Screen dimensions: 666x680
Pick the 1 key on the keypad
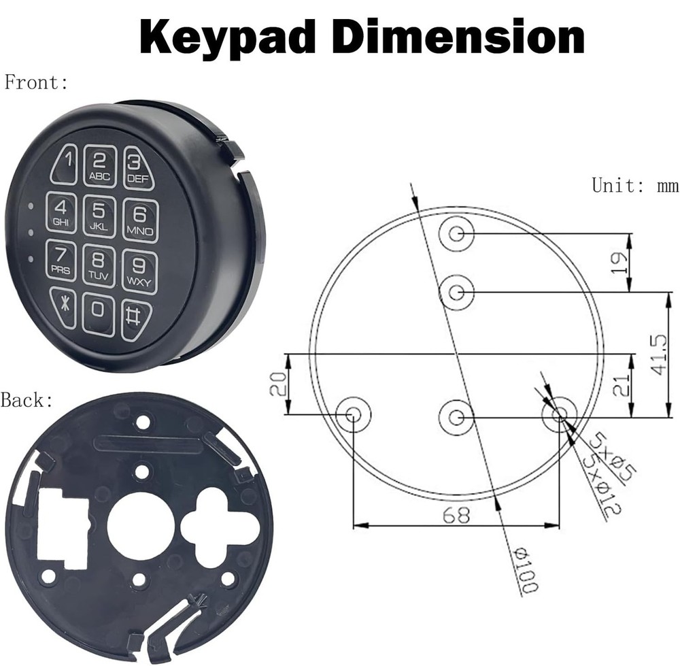[x=65, y=163]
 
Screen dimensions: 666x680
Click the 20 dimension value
[x=276, y=384]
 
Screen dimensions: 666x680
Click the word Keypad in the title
[x=232, y=37]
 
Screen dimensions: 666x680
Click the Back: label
[x=27, y=400]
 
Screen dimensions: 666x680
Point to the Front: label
[x=36, y=83]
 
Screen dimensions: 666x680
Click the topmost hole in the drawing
[x=456, y=234]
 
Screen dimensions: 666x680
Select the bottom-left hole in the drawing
[x=354, y=414]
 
